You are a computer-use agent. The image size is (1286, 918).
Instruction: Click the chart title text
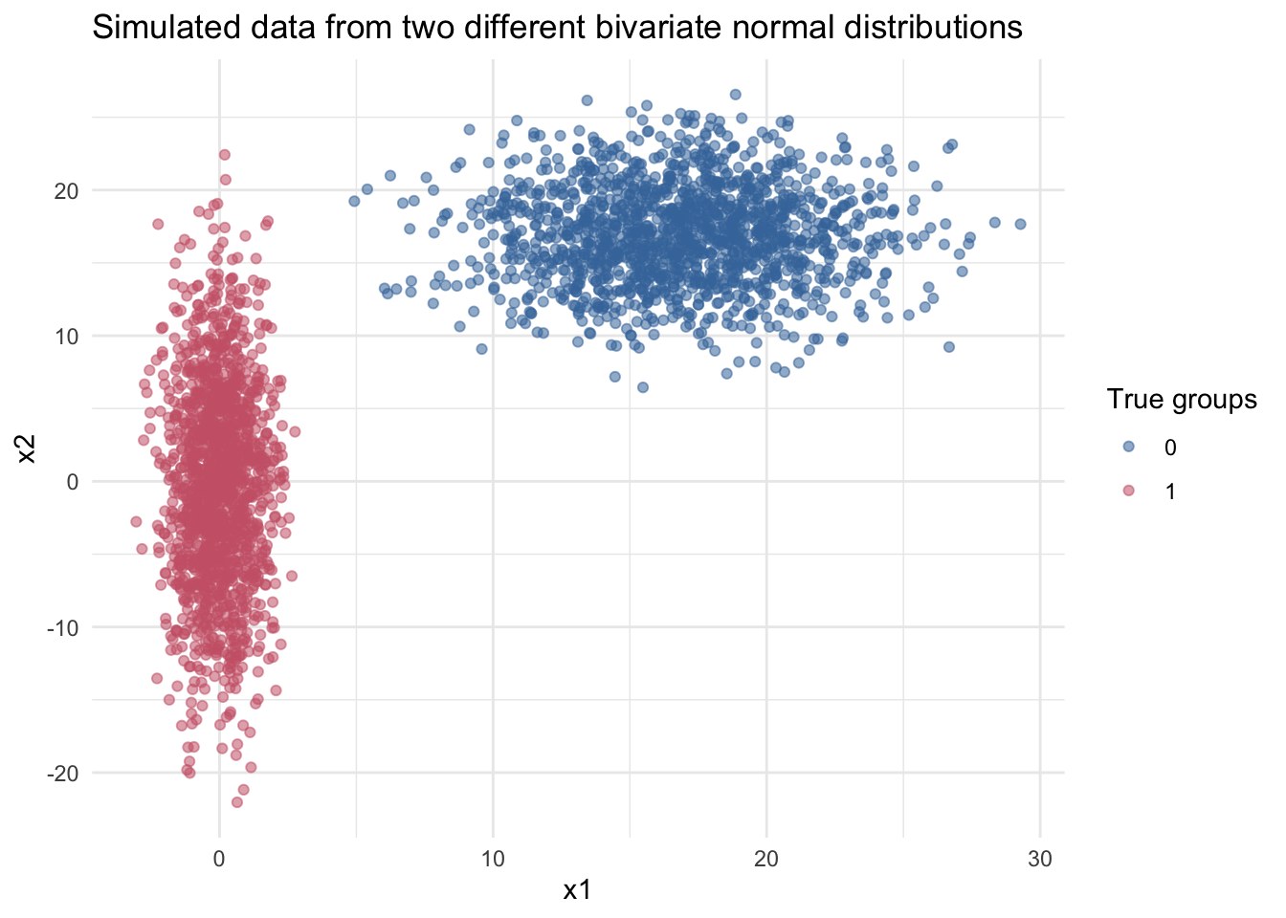point(557,27)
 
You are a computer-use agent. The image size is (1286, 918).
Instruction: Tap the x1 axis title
point(576,891)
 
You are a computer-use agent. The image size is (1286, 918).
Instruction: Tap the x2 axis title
point(28,448)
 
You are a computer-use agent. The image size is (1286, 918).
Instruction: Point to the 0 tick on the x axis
point(219,859)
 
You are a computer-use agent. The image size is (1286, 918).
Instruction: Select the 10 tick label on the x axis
point(493,859)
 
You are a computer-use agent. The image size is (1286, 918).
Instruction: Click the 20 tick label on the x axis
point(765,859)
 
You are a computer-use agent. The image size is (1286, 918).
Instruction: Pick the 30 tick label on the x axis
point(1039,859)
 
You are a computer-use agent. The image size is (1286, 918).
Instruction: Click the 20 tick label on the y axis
point(65,190)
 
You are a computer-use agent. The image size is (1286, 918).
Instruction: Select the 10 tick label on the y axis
point(65,336)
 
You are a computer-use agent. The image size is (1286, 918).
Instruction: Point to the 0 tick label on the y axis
point(72,481)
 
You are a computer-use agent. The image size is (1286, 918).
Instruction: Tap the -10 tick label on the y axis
point(62,627)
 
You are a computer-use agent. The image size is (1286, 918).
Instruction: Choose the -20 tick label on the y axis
point(62,773)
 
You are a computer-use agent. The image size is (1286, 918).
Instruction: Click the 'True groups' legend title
point(1182,400)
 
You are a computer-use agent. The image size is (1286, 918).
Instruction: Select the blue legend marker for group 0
point(1128,448)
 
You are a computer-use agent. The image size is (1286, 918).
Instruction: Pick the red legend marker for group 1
point(1128,491)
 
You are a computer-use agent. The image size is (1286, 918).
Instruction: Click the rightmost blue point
point(1020,224)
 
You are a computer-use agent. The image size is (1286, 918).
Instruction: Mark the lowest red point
point(237,802)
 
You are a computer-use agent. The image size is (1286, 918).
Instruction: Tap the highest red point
point(225,154)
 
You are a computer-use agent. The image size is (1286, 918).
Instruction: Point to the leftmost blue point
point(354,201)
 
